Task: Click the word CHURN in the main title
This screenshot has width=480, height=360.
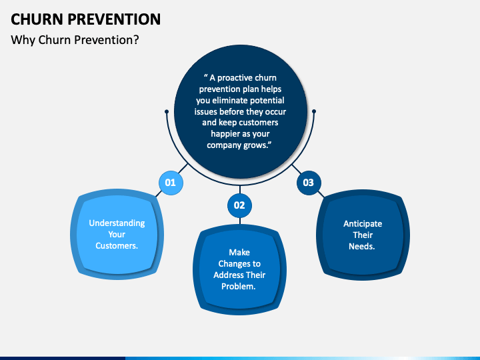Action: [37, 19]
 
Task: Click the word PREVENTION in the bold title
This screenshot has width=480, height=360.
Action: [114, 19]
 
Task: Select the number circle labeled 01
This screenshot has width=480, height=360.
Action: [171, 183]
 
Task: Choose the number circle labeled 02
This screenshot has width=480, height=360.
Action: [240, 205]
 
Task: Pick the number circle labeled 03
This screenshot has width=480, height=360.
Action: [309, 183]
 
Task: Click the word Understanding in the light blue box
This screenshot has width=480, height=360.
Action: [117, 223]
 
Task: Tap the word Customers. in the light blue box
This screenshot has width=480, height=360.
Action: [117, 246]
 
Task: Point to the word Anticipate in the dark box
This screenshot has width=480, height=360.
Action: [363, 224]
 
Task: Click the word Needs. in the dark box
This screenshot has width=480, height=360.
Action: [362, 247]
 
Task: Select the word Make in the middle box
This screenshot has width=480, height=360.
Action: [239, 253]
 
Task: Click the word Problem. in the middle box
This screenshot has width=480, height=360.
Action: [239, 287]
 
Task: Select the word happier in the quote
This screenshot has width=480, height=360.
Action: [225, 134]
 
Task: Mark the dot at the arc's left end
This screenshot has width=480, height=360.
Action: [167, 112]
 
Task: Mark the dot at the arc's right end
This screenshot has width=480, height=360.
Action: [314, 111]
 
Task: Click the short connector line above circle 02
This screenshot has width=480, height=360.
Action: [240, 189]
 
